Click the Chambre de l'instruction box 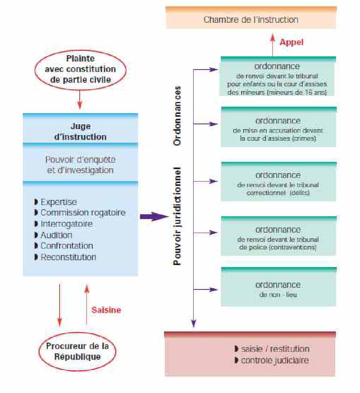coord(251,19)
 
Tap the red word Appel coord(291,42)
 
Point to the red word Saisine coord(106,310)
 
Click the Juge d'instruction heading coord(80,132)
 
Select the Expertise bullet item coord(58,202)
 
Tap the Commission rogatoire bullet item coord(83,213)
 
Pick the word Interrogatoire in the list coord(66,224)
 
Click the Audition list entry coord(56,235)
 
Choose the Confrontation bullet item coord(67,245)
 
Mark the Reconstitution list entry coord(68,257)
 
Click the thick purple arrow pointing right coord(154,217)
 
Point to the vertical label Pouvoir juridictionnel coord(178,216)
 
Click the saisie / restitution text coord(275,349)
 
